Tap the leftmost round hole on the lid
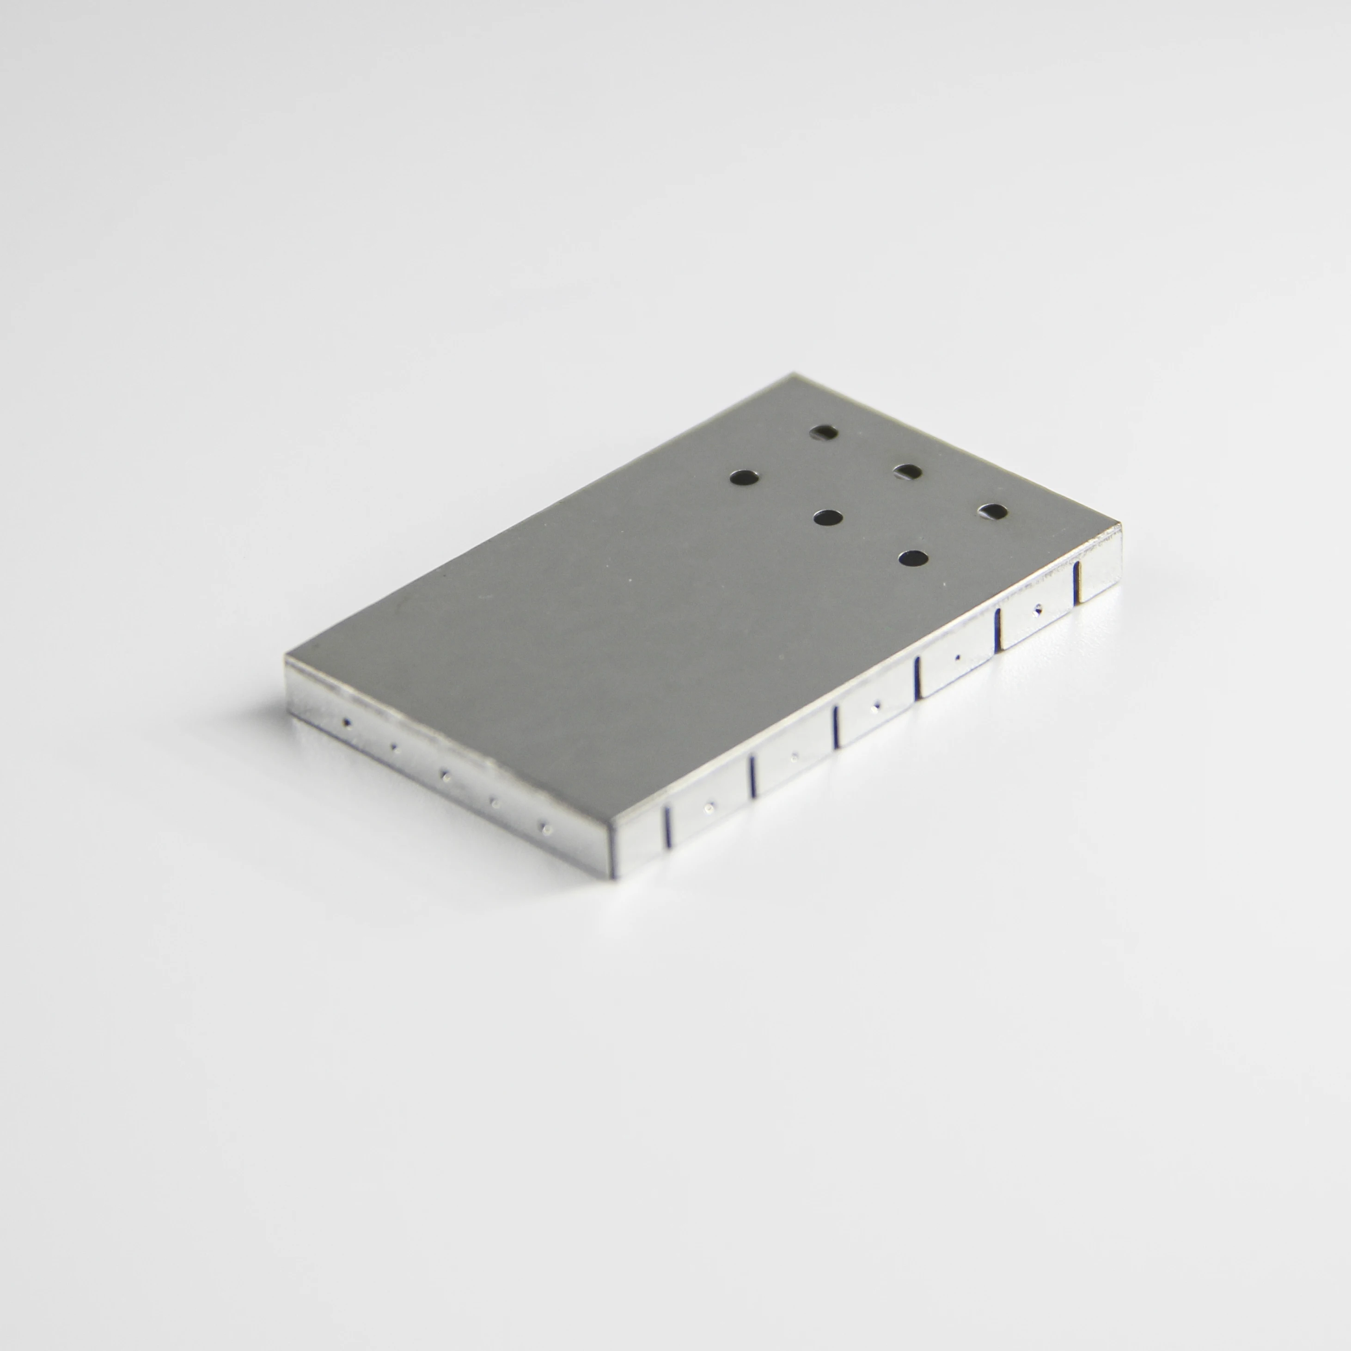(744, 477)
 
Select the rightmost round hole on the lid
(992, 512)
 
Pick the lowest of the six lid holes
(912, 558)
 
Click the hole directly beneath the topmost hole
(828, 518)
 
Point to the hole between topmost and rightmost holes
(908, 472)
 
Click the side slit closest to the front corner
(667, 827)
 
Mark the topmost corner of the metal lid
(792, 375)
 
